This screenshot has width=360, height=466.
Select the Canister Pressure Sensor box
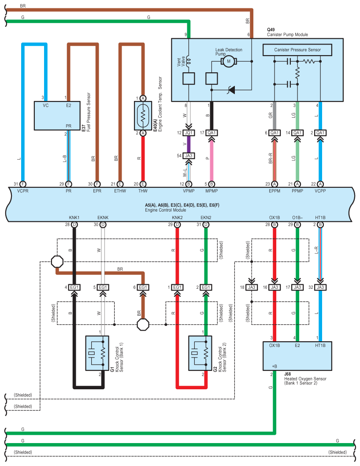[x=297, y=50]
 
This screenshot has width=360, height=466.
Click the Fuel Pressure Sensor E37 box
[x=57, y=116]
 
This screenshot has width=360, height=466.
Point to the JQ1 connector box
[x=189, y=133]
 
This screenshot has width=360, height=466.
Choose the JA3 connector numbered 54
[x=189, y=155]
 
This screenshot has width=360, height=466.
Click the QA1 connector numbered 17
[x=212, y=133]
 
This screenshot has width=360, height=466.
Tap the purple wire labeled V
[x=189, y=144]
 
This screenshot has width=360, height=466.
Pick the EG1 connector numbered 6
[x=143, y=287]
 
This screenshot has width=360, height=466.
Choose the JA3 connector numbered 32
[x=320, y=287]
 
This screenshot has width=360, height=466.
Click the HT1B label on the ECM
[x=320, y=218]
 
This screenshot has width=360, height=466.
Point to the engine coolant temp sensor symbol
[x=143, y=116]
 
